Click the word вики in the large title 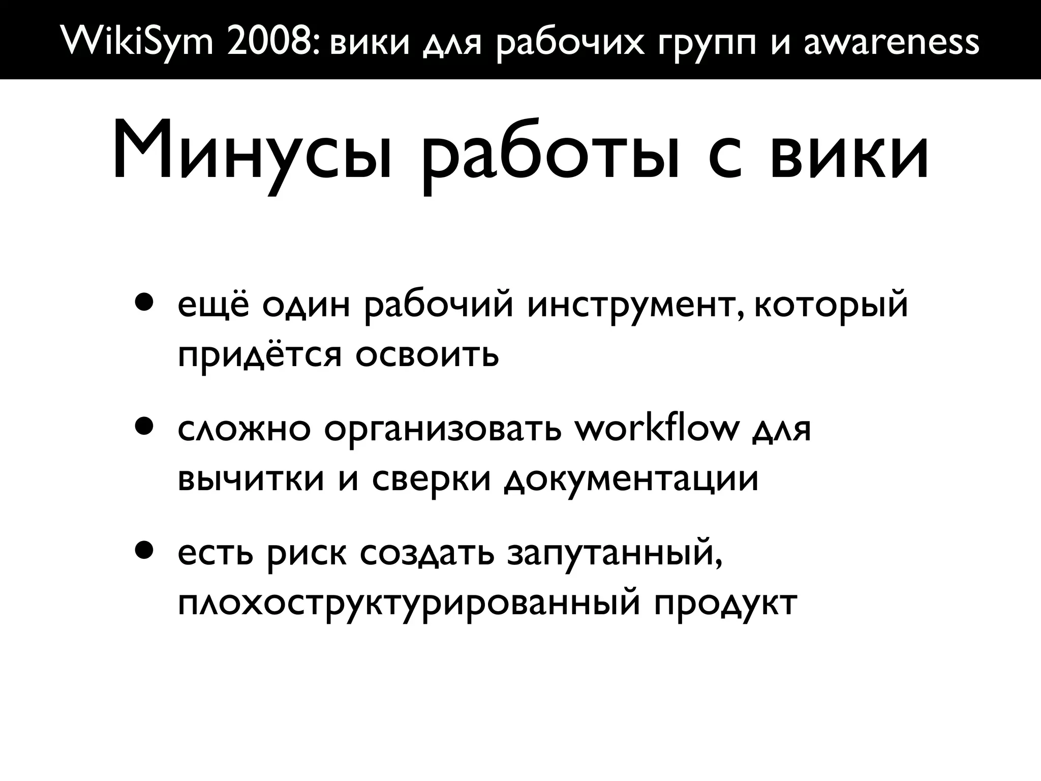coord(849,153)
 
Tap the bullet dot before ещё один coord(144,304)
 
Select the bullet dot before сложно coord(144,428)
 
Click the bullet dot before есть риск coord(144,552)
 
